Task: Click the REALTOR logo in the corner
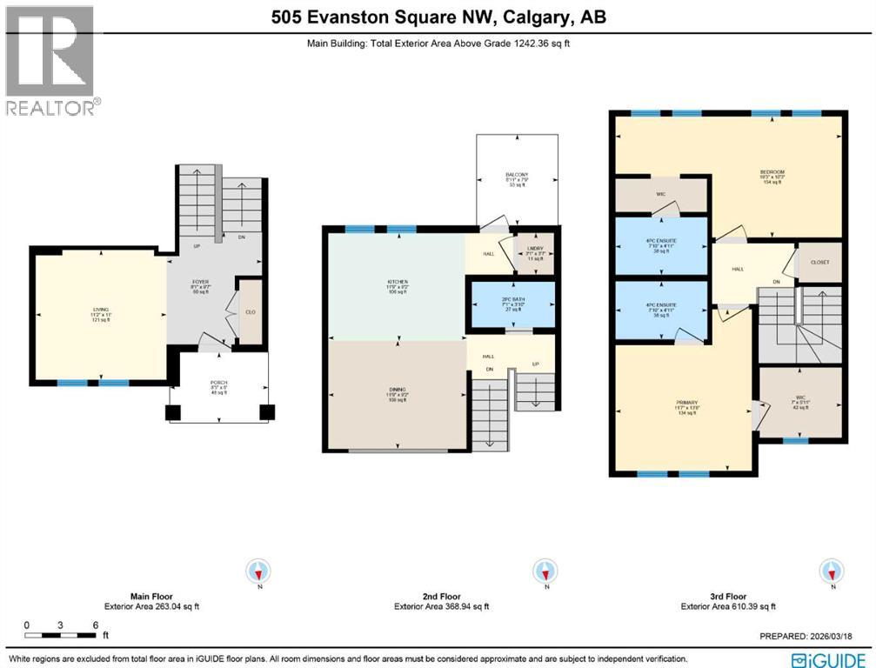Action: click(x=50, y=59)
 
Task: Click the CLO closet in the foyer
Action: click(x=250, y=311)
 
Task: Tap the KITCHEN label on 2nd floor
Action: click(x=397, y=284)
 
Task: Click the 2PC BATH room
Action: click(x=512, y=304)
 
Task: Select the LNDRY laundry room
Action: click(x=535, y=252)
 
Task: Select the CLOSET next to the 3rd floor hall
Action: click(x=819, y=263)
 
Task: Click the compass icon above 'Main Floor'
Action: click(x=259, y=571)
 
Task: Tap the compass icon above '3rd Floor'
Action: click(x=832, y=571)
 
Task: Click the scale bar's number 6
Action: click(x=94, y=625)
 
